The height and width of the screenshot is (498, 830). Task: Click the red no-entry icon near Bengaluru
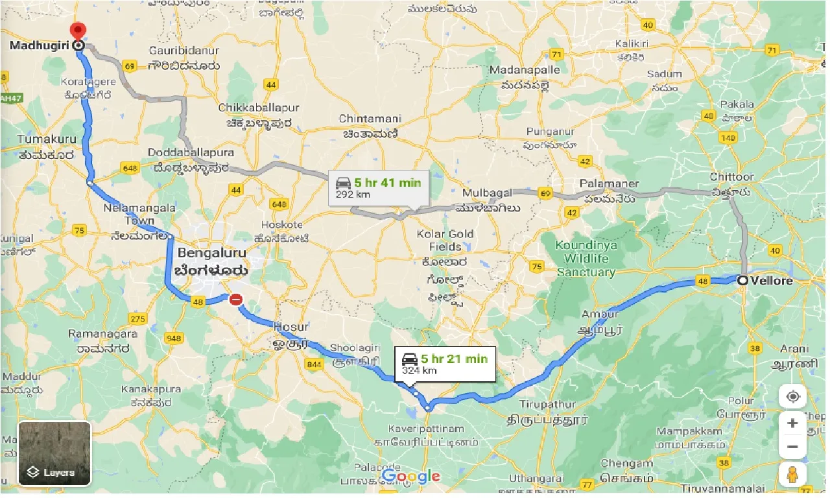click(236, 300)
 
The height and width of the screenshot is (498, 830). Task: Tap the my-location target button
click(792, 396)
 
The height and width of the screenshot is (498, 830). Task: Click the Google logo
click(410, 477)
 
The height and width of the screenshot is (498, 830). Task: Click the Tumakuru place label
click(47, 139)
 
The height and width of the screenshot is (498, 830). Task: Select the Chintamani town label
click(370, 119)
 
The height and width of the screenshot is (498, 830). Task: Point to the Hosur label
click(291, 326)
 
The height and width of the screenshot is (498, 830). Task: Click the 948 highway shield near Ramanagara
click(173, 338)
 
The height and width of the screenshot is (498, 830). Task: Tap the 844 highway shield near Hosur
click(314, 364)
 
